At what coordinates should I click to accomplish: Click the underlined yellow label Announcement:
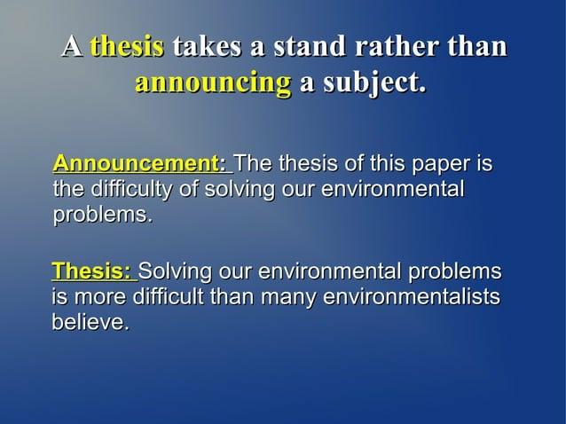click(140, 164)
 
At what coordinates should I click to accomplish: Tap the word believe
click(90, 323)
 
